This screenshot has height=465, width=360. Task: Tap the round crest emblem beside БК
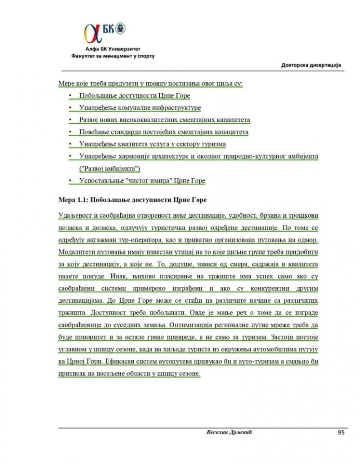tap(120, 28)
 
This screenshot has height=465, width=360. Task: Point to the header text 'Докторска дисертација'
tap(310, 65)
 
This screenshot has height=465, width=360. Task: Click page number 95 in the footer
tap(341, 433)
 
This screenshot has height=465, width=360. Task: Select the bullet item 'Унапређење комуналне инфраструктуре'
tap(139, 108)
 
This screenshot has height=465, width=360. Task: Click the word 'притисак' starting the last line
tap(72, 373)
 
